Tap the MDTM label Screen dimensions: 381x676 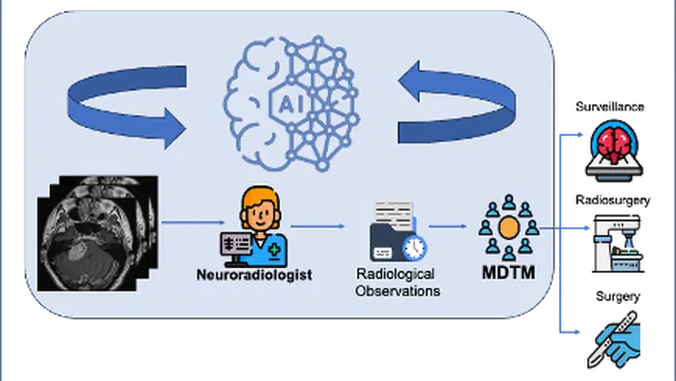tap(507, 274)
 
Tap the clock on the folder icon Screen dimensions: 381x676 tap(413, 246)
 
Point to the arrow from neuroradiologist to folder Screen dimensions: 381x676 tap(318, 225)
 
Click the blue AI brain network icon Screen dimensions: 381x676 tap(289, 103)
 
